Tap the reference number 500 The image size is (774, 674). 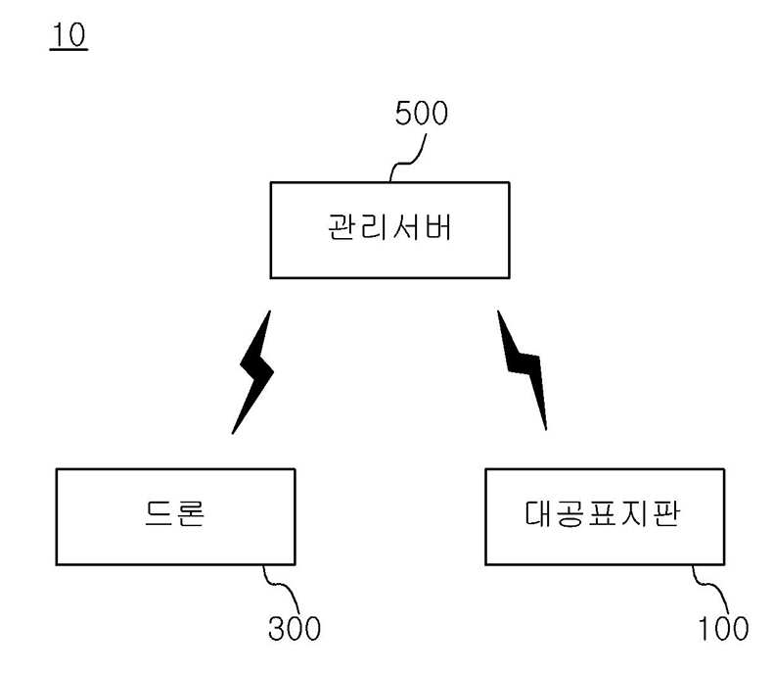(421, 115)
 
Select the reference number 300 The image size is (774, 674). (295, 628)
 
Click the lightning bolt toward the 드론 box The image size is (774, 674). (252, 372)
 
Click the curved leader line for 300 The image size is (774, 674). (281, 588)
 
